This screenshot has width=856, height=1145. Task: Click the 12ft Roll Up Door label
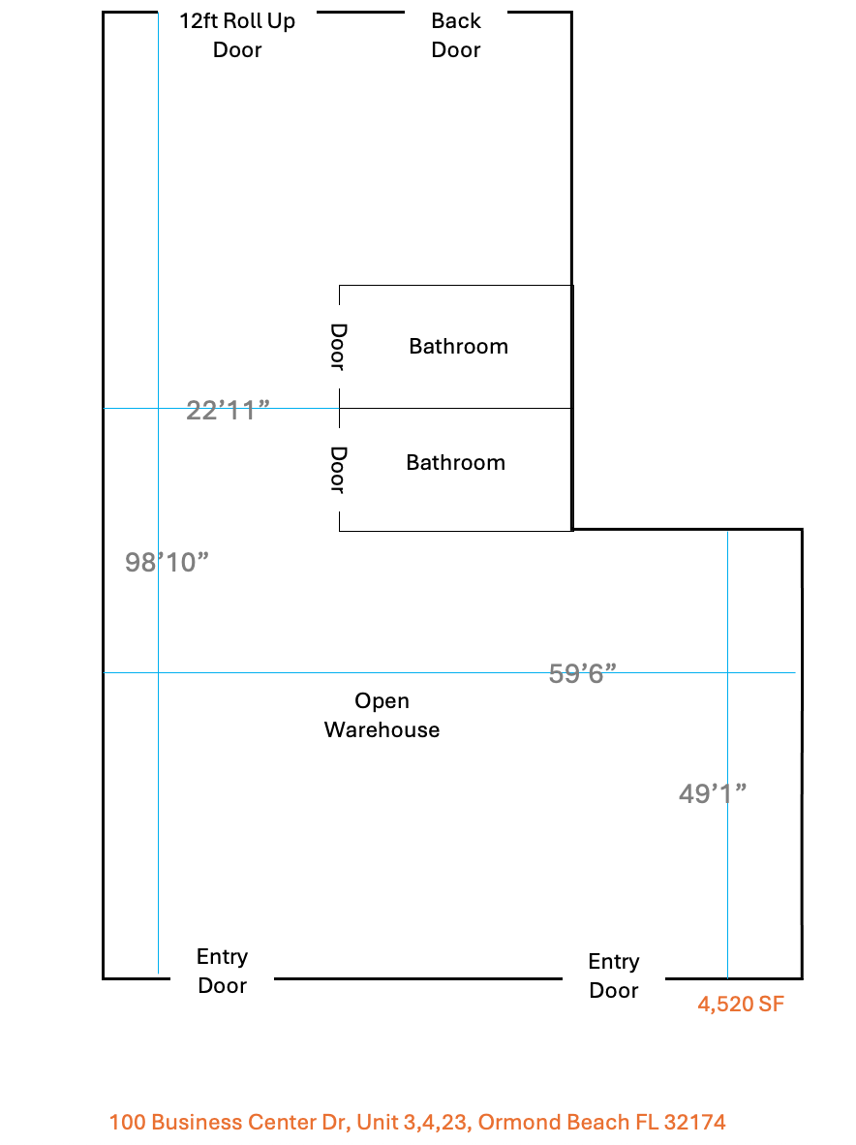(x=237, y=35)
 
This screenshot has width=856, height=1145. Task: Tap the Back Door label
(x=456, y=35)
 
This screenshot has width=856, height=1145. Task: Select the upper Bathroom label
(x=458, y=346)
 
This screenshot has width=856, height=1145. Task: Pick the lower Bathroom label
(x=455, y=462)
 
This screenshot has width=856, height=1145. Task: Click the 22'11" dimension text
(x=228, y=411)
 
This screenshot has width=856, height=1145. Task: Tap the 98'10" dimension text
(x=167, y=562)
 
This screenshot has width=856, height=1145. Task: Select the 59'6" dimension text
(x=582, y=673)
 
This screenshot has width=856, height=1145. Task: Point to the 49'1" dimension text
(x=713, y=793)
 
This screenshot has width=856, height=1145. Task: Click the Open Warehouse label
(x=382, y=715)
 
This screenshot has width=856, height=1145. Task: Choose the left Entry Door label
(x=222, y=971)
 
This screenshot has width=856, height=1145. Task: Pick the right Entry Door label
(x=614, y=975)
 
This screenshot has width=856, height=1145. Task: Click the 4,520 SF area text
(x=741, y=1005)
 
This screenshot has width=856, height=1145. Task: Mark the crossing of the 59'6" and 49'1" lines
(x=727, y=672)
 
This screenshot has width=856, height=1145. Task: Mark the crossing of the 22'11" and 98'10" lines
(x=159, y=408)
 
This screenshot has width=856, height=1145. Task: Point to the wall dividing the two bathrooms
(x=455, y=408)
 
